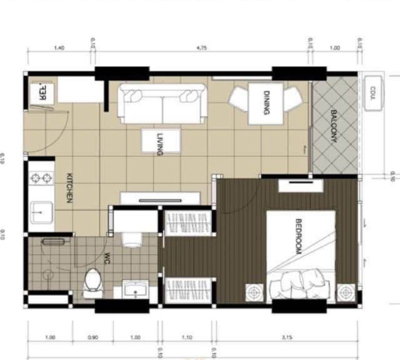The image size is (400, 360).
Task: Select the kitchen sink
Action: coord(42,212)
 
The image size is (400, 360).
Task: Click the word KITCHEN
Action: coord(70,188)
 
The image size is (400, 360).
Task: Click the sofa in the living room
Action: coord(162,103)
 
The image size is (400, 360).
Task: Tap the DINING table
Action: coord(266,103)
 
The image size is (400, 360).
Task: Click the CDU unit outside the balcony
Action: coord(373,93)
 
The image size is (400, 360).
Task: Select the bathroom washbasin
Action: coord(135,289)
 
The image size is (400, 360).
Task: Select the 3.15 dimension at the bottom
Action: coord(287,337)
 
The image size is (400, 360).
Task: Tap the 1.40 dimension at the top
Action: coord(59,48)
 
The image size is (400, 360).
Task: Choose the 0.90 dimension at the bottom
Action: coord(93,337)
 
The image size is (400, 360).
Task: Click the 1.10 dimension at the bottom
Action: coord(187,337)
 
